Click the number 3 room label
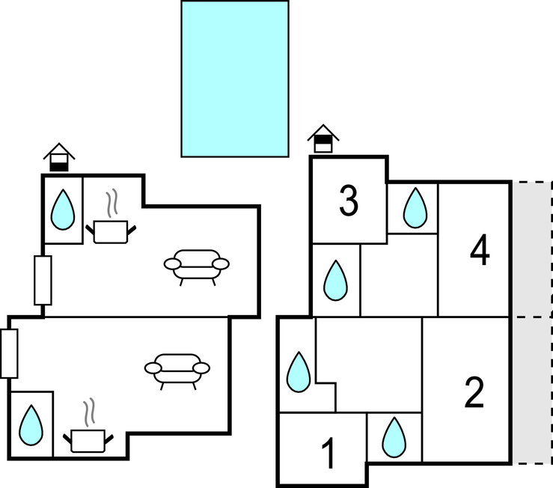349,201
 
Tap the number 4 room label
480,250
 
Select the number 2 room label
474,392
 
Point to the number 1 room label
329,453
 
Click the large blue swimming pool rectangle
235,79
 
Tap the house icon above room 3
323,138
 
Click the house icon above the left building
59,157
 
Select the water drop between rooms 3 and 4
415,207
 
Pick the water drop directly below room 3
335,281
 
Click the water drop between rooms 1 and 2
394,438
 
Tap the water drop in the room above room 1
299,372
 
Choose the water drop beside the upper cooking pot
63,210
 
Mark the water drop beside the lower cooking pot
31,425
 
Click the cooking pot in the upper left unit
111,232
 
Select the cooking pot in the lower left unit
88,441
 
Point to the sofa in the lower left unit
177,371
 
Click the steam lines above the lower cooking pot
89,412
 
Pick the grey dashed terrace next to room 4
532,249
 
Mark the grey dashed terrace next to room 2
532,390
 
